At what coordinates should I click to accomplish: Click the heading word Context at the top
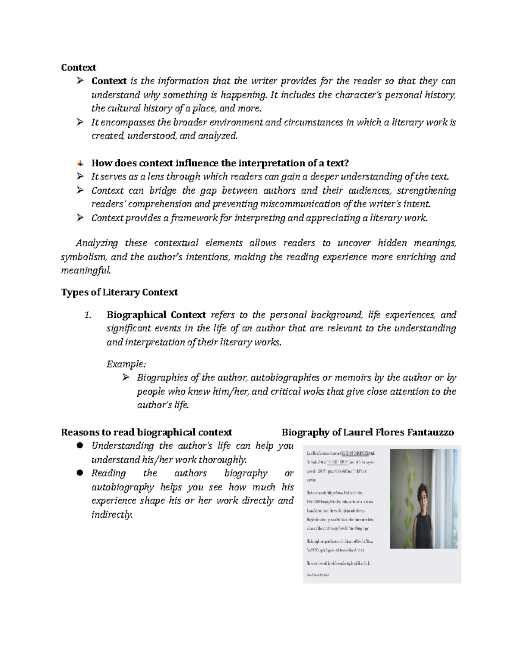(x=78, y=68)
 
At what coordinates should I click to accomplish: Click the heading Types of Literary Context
(x=119, y=293)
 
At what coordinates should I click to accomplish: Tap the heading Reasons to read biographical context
(x=146, y=432)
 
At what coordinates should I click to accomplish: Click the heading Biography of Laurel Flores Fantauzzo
(x=367, y=432)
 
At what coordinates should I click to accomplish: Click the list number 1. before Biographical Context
(x=88, y=315)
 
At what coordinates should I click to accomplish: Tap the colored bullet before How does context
(x=80, y=163)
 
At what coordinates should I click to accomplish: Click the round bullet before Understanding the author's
(x=79, y=446)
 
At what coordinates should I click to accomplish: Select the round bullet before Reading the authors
(x=79, y=473)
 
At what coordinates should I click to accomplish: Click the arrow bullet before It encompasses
(x=79, y=123)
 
